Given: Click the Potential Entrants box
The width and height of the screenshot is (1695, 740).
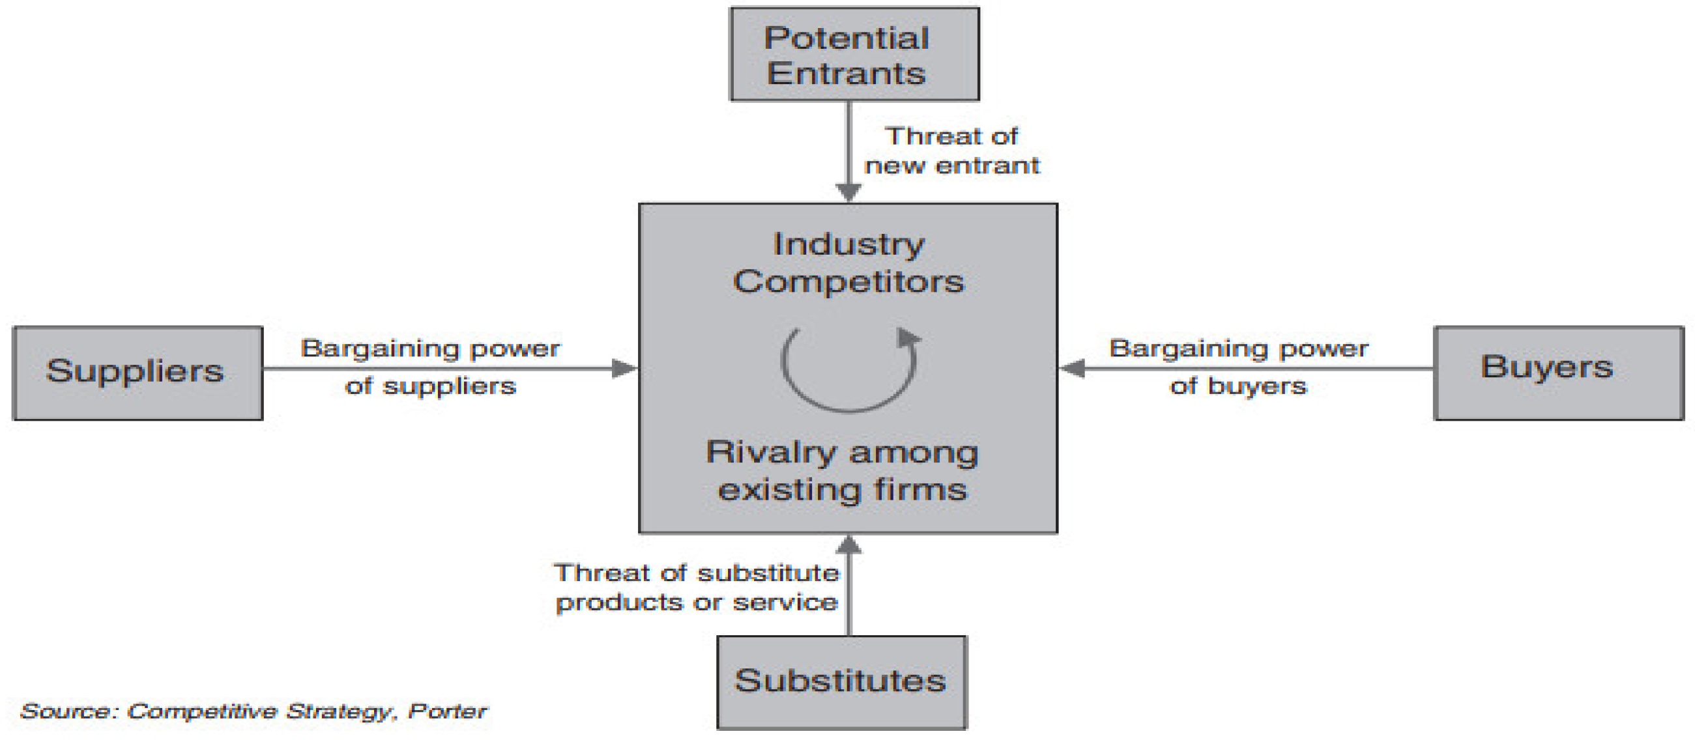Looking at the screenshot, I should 854,54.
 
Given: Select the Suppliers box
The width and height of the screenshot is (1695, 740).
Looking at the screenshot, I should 138,373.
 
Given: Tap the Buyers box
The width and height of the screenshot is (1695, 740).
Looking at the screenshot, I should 1558,373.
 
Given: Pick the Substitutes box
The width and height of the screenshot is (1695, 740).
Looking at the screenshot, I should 841,681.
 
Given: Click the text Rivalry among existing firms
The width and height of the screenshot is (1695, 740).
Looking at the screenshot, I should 842,471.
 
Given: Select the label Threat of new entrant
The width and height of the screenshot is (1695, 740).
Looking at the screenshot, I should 951,150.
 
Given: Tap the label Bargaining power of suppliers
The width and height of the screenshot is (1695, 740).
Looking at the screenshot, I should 430,366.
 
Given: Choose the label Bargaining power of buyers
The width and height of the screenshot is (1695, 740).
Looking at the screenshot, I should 1238,366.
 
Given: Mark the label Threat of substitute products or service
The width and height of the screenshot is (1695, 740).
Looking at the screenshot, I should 696,588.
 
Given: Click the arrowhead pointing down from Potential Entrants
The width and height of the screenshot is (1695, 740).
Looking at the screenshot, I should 849,192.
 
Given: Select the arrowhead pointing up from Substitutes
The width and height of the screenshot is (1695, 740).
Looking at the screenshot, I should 849,545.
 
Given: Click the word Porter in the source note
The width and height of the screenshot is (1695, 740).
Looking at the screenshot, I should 448,711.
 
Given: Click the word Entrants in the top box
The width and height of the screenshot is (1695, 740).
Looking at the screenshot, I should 846,73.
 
